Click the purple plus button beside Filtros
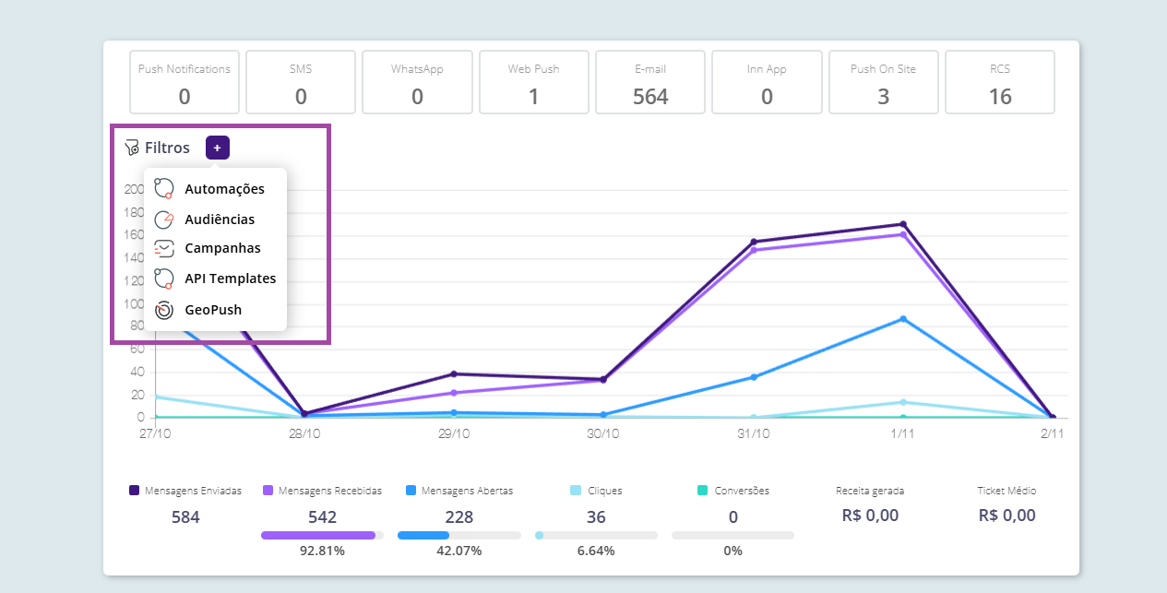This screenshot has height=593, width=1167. point(218,148)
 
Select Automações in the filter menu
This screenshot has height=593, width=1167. point(224,189)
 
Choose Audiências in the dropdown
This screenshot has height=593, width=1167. point(220,219)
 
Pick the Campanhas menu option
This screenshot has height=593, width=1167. point(222,248)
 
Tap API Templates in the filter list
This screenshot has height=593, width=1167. point(230,279)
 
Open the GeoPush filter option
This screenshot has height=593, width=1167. point(212,310)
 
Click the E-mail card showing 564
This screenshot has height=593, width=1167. point(650,83)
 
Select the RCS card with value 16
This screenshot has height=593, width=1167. point(1000,83)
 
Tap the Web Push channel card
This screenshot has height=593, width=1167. point(533,83)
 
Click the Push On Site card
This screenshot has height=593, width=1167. point(883,83)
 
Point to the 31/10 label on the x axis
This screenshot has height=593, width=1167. point(754,433)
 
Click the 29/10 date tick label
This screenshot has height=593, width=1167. point(454,433)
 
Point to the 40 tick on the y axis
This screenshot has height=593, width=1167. point(136,373)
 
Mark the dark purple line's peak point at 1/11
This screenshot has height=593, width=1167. point(903,224)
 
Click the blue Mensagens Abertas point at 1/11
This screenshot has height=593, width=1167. point(903,319)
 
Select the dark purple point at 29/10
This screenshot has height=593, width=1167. point(454,374)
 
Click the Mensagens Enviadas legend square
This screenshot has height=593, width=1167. point(135,491)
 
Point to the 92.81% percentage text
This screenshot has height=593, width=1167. point(322,551)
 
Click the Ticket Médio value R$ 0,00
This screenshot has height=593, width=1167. point(1006,516)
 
